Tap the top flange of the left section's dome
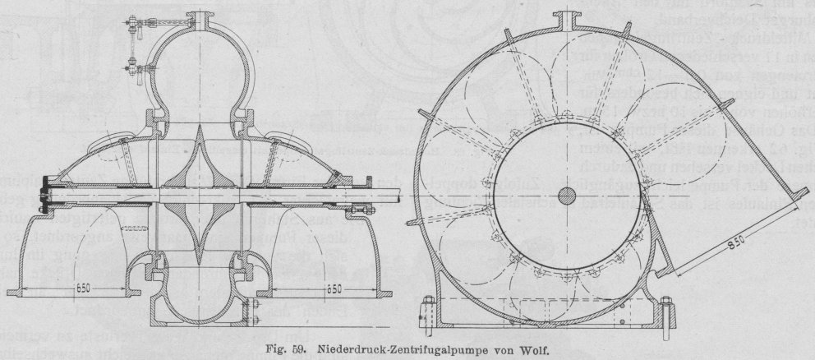coord(196,18)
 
